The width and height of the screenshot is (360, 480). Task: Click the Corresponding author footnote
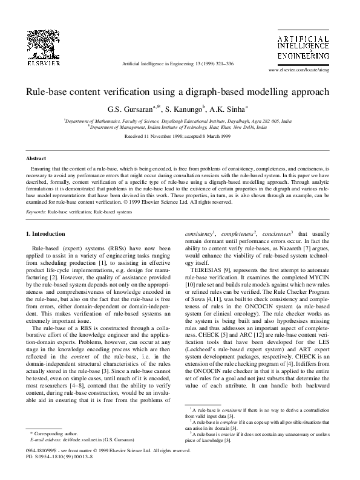53,433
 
